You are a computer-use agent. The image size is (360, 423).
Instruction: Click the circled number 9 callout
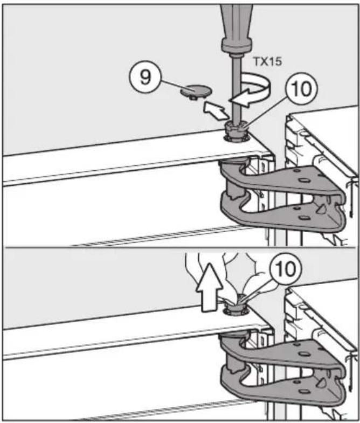[x=145, y=78]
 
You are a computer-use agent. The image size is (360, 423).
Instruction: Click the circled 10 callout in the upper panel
[x=301, y=89]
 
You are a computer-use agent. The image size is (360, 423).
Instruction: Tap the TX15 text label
[x=267, y=61]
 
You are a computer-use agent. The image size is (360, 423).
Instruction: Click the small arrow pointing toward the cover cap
[x=215, y=109]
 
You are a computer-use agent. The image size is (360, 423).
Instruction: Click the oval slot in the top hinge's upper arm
[x=302, y=181]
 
